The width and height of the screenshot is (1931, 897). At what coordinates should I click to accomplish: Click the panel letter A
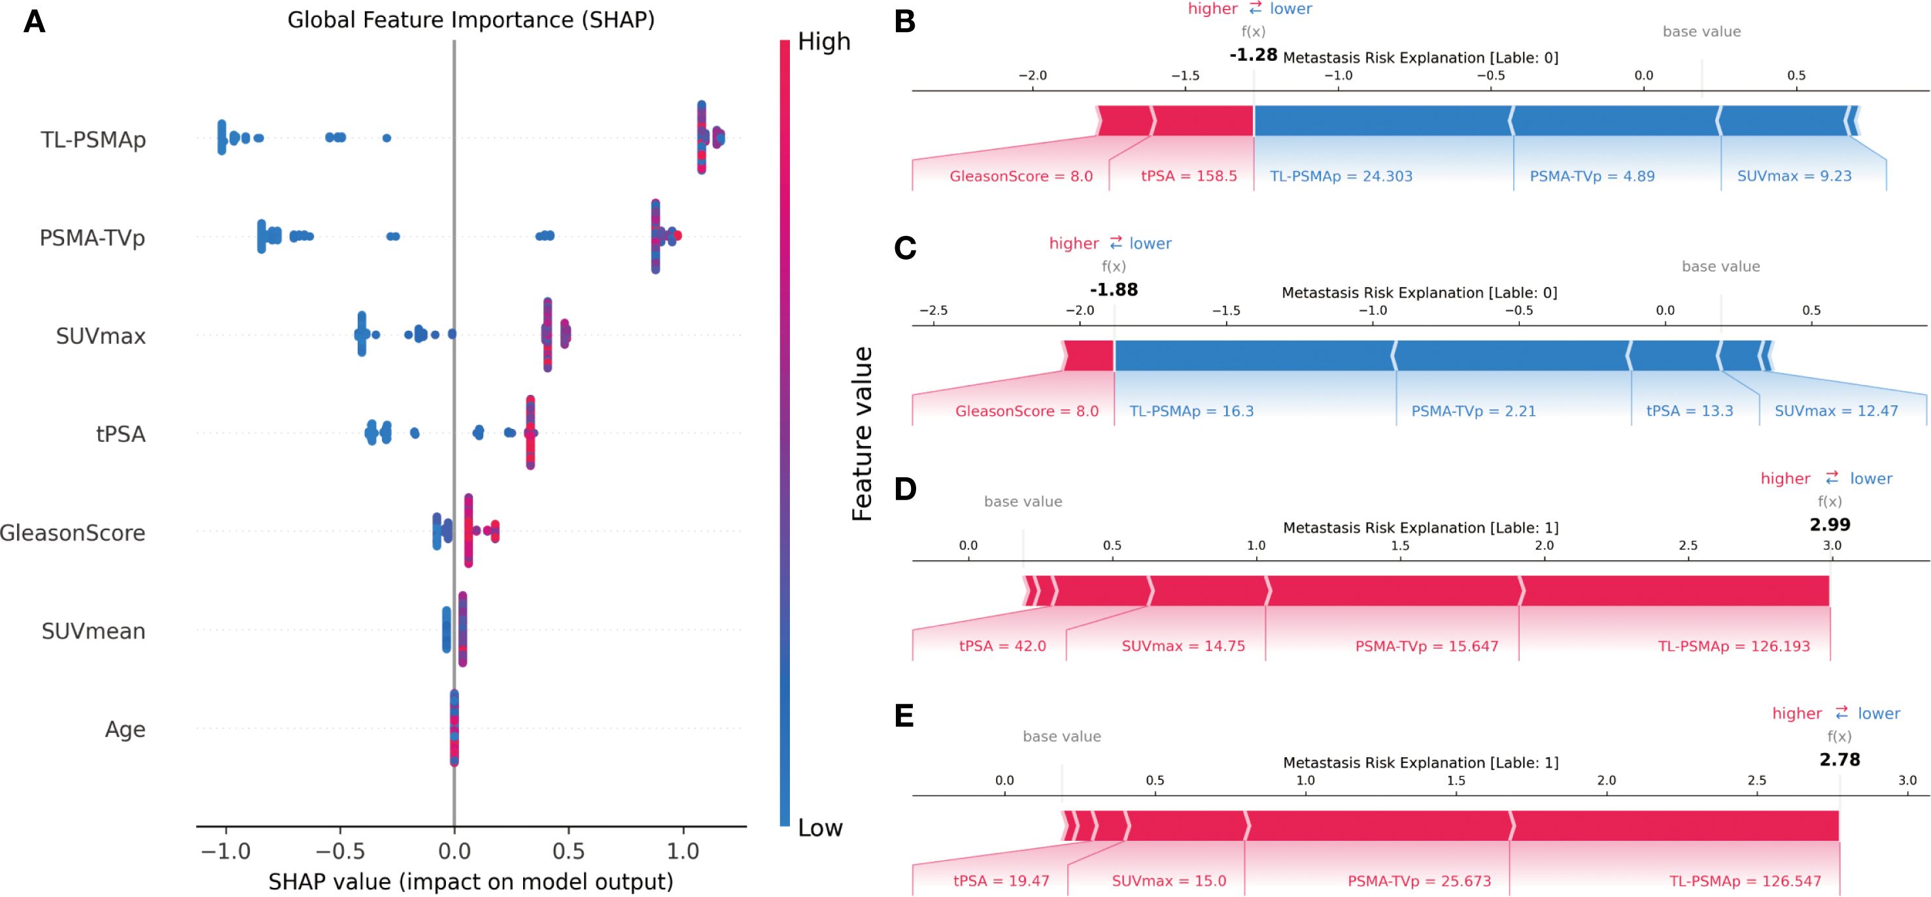(x=35, y=22)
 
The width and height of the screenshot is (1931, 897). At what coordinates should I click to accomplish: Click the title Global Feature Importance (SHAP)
(x=471, y=20)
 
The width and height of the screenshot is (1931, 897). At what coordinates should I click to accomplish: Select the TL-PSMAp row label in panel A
(x=93, y=139)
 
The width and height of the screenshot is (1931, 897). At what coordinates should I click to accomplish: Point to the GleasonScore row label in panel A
(x=73, y=533)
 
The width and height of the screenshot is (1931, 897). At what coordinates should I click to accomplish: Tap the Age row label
(x=125, y=729)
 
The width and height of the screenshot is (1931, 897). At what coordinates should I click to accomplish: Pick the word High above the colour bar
(x=824, y=41)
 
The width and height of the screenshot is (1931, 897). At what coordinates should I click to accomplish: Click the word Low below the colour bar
(x=820, y=827)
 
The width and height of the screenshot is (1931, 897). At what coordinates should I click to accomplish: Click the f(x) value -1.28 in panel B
(x=1253, y=55)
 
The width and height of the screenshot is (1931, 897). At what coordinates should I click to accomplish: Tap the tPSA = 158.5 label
(x=1188, y=176)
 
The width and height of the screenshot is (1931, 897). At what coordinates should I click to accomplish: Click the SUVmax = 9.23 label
(x=1794, y=176)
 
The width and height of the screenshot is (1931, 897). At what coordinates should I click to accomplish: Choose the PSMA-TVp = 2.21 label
(x=1473, y=411)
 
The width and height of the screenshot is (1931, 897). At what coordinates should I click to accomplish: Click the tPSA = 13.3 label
(x=1689, y=411)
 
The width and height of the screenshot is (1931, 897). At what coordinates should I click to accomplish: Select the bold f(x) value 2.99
(x=1829, y=524)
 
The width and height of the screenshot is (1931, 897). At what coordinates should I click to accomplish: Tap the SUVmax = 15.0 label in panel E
(x=1169, y=881)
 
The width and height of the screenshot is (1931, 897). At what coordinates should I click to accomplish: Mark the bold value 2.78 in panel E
(x=1839, y=759)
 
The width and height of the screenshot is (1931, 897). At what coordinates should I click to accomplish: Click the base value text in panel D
(x=1023, y=501)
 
